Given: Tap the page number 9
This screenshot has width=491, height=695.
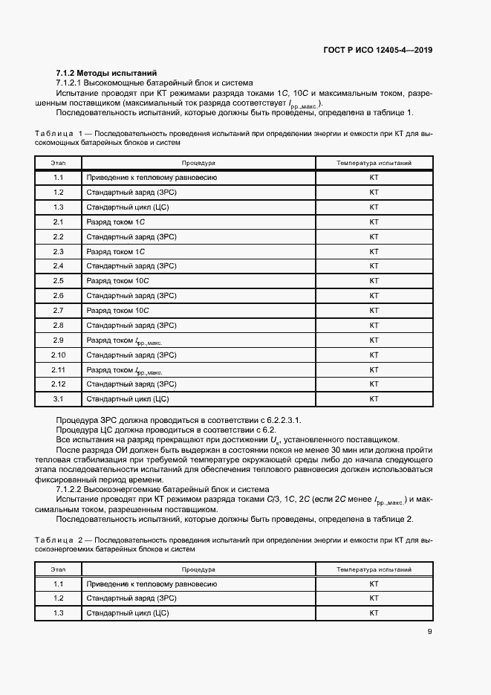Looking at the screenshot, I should click(430, 633).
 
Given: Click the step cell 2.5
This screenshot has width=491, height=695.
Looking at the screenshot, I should click(58, 280).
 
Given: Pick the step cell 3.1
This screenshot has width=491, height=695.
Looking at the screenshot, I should click(58, 398).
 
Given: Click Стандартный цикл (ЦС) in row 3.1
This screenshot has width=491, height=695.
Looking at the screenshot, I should click(128, 398).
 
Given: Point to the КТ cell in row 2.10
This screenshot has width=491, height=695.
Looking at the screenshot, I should click(374, 355).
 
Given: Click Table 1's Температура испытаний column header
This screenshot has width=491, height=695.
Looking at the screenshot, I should click(374, 163).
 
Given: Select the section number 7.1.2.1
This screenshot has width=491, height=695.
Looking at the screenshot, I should click(72, 83).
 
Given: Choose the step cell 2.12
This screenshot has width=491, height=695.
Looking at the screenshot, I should click(58, 384).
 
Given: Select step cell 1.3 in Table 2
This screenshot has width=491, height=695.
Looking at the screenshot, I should click(58, 613).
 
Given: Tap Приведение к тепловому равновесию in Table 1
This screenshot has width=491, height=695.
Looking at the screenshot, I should click(152, 178).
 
